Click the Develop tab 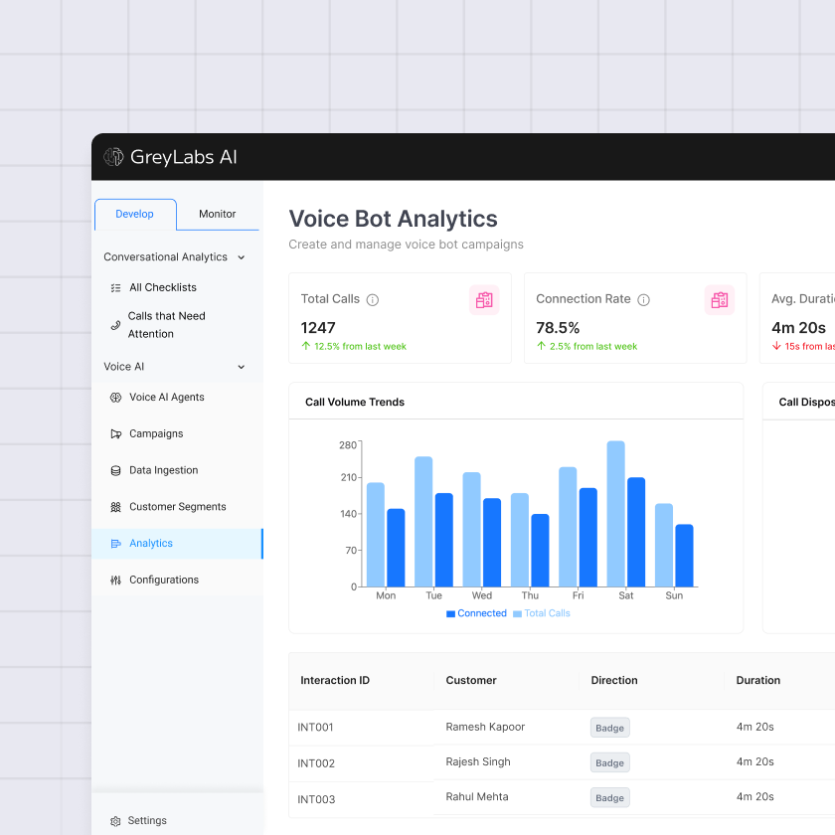[x=135, y=214]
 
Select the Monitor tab [x=217, y=214]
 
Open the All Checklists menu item [x=162, y=287]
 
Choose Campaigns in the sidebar [x=156, y=433]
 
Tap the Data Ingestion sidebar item [x=163, y=470]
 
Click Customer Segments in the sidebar [x=177, y=507]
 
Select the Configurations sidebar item [x=163, y=580]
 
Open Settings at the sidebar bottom [x=147, y=820]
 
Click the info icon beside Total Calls [x=373, y=299]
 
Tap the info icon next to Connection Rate [x=643, y=299]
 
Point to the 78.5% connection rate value [x=558, y=327]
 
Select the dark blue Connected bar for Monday [x=396, y=548]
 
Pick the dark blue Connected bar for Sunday [x=684, y=556]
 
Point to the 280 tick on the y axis [x=347, y=444]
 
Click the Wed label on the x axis [x=481, y=595]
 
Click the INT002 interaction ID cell [x=316, y=763]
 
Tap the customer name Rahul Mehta [x=477, y=796]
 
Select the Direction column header [x=614, y=680]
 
